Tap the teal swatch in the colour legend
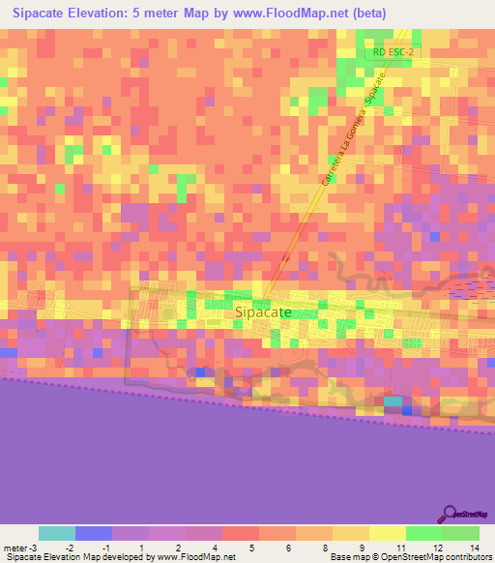pyautogui.click(x=57, y=533)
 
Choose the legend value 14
pyautogui.click(x=473, y=548)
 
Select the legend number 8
pyautogui.click(x=313, y=548)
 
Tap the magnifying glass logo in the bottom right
pyautogui.click(x=450, y=514)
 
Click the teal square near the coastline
pyautogui.click(x=393, y=401)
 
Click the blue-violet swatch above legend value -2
pyautogui.click(x=94, y=533)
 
